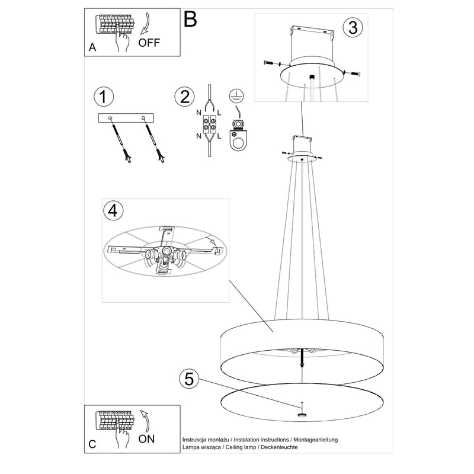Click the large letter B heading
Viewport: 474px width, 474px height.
190,20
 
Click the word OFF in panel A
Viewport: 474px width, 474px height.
149,43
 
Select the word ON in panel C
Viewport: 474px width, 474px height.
146,440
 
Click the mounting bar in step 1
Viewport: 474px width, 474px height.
126,118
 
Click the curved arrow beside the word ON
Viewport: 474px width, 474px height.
143,420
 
